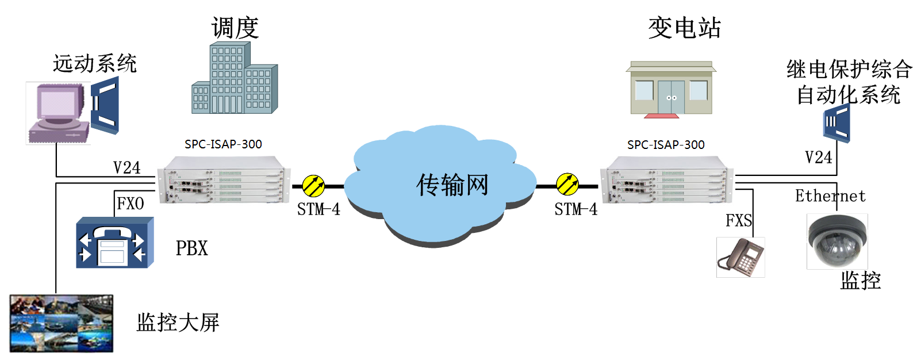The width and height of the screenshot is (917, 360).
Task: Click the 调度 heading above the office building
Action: click(235, 28)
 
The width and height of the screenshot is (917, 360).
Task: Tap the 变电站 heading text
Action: click(684, 28)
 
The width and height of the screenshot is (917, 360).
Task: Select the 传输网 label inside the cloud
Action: click(452, 185)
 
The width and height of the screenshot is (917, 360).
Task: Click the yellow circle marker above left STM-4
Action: click(314, 186)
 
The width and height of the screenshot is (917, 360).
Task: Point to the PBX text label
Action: click(191, 248)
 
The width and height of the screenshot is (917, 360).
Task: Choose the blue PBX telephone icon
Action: click(115, 243)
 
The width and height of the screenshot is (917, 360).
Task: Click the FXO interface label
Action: click(131, 204)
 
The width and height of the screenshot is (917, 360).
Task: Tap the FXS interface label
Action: click(739, 221)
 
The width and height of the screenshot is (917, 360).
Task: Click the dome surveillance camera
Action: click(837, 240)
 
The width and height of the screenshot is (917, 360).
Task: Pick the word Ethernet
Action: click(830, 196)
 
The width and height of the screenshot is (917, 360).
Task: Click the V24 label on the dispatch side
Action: click(126, 168)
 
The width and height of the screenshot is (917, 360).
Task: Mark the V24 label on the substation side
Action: click(818, 158)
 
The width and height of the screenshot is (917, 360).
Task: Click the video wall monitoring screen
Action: click(62, 323)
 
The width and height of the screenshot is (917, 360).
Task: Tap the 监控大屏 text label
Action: click(178, 323)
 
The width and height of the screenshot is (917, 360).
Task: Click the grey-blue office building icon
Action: click(234, 79)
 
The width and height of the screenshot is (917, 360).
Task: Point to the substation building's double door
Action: click(671, 97)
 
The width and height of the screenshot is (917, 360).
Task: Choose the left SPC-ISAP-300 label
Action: click(223, 144)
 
